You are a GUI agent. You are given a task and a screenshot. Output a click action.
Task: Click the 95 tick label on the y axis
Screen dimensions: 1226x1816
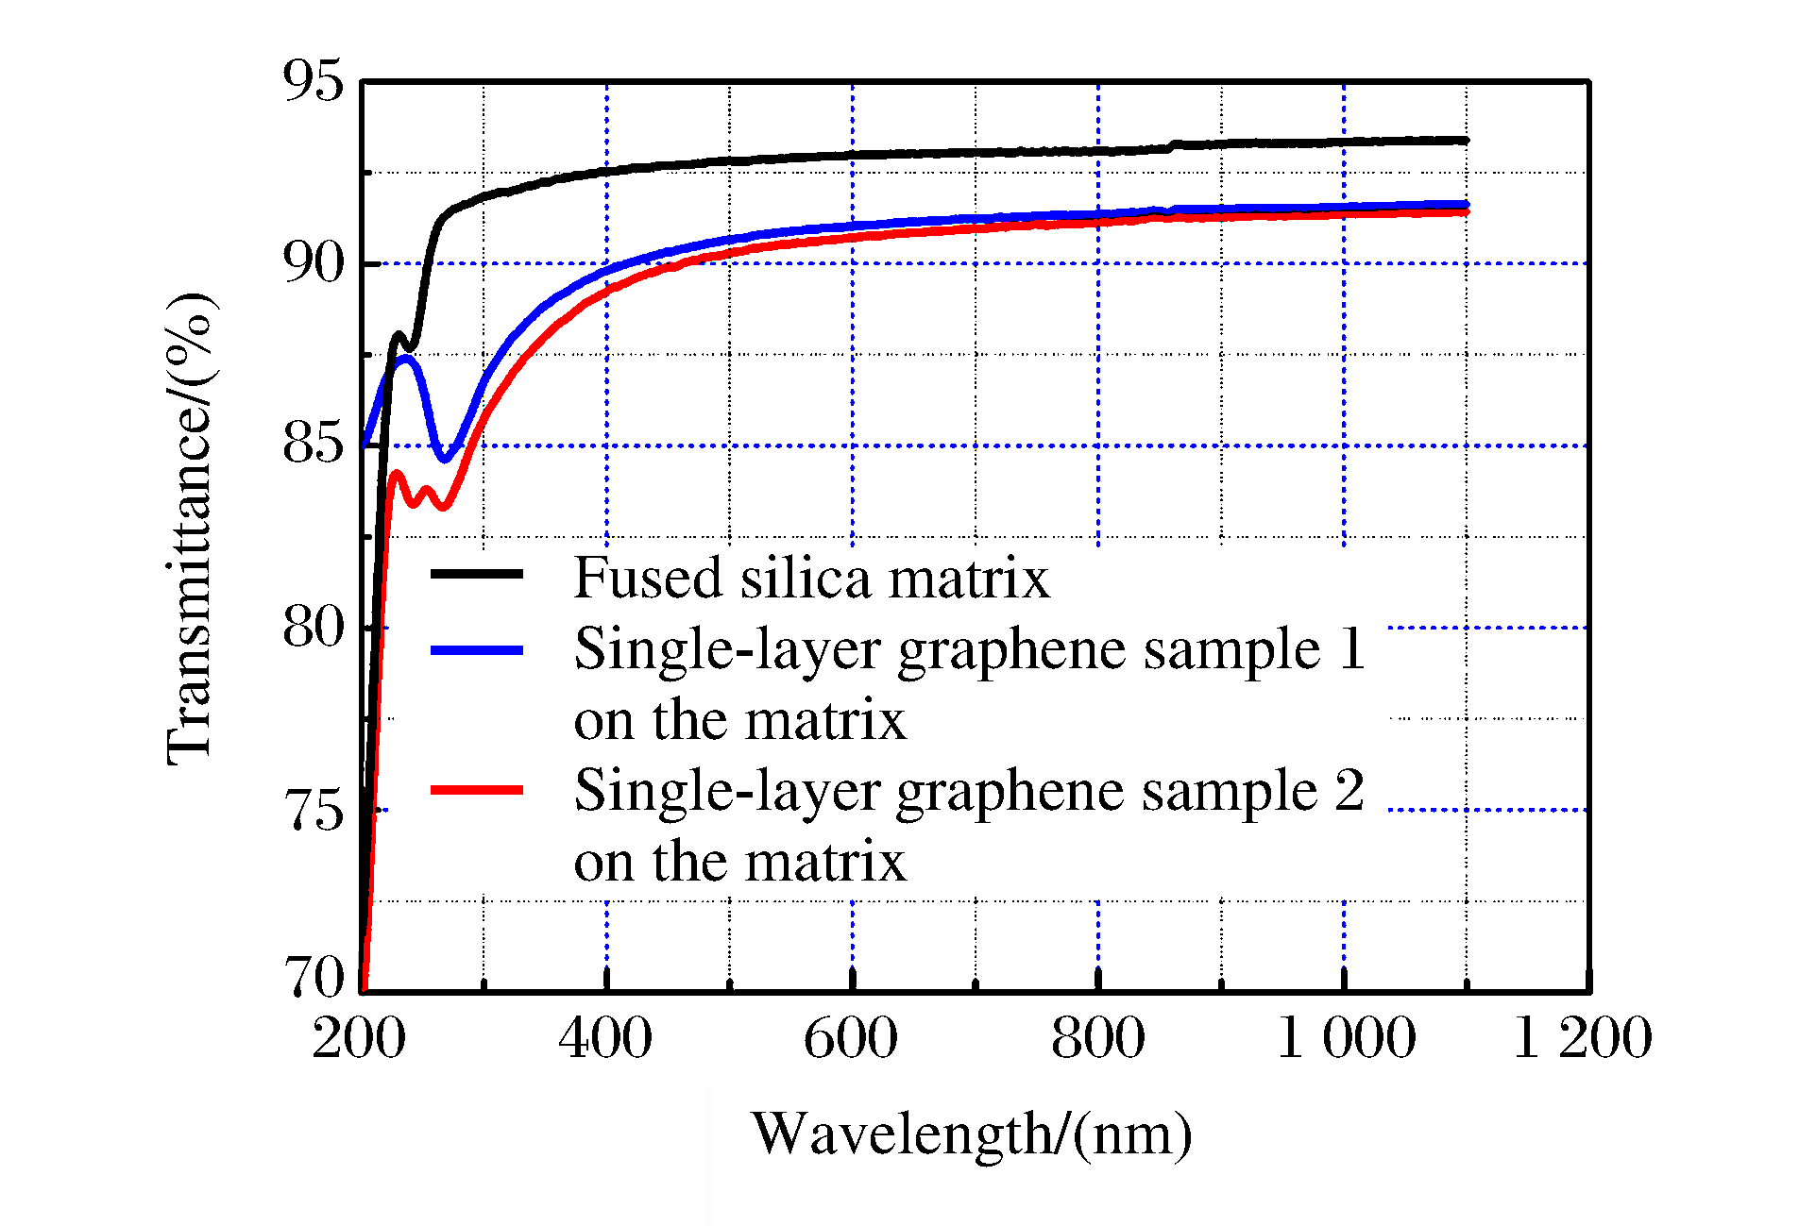313,81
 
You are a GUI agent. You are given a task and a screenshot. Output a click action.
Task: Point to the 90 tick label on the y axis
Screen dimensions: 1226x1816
313,263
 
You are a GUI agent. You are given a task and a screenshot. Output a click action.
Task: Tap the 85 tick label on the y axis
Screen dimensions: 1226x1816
313,445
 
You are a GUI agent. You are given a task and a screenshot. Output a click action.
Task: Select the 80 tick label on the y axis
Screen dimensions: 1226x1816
313,628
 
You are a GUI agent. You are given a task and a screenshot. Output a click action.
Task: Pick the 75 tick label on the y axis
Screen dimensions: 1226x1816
313,810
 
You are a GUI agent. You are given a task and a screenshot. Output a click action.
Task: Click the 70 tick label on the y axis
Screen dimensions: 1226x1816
314,978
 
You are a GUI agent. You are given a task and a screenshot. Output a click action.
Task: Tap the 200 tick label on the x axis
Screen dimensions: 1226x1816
359,1038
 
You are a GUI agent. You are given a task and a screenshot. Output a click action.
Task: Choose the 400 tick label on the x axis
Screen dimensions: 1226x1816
605,1038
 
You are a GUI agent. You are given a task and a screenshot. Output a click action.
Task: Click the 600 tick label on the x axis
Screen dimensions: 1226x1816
851,1038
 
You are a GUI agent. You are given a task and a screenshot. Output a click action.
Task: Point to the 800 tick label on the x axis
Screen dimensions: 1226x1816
1097,1038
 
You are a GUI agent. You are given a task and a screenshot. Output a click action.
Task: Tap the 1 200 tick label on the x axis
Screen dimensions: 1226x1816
1583,1038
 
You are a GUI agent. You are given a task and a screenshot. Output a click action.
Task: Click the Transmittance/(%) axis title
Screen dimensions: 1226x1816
192,529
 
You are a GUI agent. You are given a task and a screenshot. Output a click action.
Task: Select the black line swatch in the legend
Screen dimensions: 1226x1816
477,574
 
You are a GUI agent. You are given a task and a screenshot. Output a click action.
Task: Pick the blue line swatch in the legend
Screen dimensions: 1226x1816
477,649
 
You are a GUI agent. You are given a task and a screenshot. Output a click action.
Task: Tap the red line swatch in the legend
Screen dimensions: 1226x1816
477,790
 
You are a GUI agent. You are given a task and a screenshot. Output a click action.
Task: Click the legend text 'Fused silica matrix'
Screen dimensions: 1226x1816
811,578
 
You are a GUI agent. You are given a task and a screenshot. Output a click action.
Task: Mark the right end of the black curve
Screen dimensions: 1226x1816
1466,141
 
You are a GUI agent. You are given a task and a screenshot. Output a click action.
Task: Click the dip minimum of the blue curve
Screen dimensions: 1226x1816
445,460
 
